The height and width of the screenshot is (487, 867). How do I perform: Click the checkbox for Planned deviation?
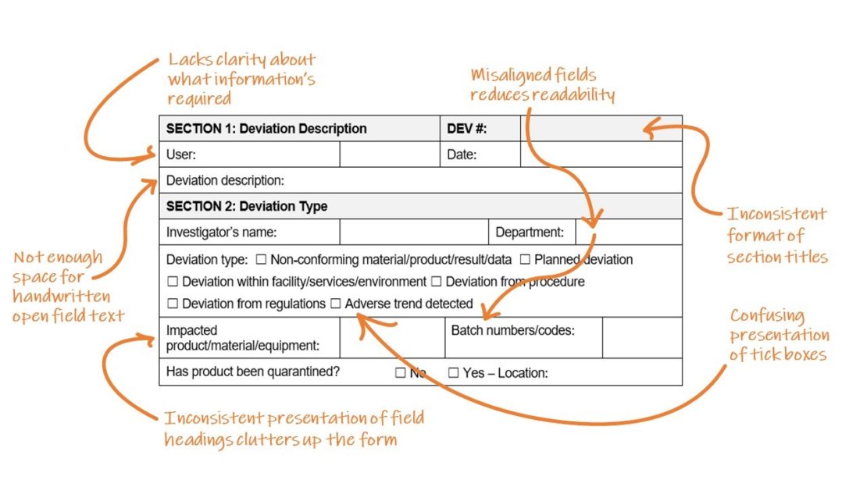[x=525, y=259]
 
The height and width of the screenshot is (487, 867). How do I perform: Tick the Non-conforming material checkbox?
[x=261, y=259]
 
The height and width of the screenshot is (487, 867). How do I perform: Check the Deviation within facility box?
[x=173, y=282]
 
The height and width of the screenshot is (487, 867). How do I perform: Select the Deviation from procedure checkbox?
[x=437, y=282]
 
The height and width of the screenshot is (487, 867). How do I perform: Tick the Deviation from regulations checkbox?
[x=173, y=304]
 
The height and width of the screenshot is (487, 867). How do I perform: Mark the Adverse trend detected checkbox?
[x=336, y=304]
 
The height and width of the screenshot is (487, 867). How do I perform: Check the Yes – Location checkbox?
[x=453, y=372]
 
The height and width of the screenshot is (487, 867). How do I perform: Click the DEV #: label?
[x=466, y=129]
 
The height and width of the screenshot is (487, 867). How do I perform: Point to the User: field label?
[x=180, y=155]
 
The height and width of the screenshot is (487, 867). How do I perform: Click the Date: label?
[x=462, y=155]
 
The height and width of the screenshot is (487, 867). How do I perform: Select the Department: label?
[x=530, y=233]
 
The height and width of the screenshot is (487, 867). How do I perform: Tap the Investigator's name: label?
[x=221, y=233]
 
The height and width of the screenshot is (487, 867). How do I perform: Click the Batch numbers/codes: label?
[x=513, y=331]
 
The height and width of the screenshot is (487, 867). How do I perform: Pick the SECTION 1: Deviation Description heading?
[x=266, y=129]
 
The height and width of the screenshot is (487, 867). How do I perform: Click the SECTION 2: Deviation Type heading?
[x=247, y=206]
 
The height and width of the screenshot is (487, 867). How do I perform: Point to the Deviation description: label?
[x=225, y=181]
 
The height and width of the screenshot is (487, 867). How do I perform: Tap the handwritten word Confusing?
[x=768, y=315]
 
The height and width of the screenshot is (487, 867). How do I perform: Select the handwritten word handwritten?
[x=62, y=297]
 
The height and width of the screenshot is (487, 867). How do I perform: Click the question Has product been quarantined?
[x=253, y=371]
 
